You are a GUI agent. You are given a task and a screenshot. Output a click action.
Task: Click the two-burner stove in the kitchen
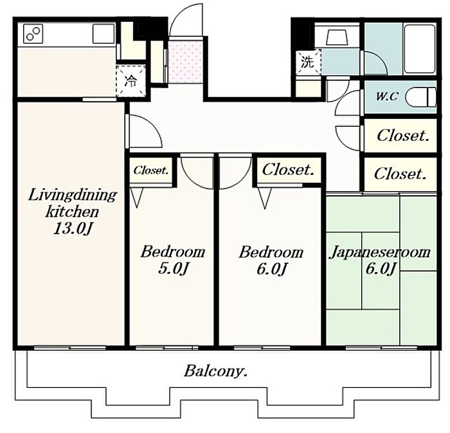coord(33,33)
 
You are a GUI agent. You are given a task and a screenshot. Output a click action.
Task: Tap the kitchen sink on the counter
coord(104,33)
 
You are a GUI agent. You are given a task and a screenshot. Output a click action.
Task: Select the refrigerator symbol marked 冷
coord(131,81)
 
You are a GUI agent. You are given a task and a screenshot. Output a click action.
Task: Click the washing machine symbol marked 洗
coord(308,62)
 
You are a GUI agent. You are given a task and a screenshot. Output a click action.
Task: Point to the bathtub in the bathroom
coord(420,48)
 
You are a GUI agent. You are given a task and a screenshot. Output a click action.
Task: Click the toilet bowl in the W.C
coord(420,97)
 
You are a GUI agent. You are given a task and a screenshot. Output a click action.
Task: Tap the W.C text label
coord(387,97)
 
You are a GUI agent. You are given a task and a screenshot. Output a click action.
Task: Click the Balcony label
coord(216,371)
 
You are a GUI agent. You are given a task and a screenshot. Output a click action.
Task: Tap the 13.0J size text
coord(73,229)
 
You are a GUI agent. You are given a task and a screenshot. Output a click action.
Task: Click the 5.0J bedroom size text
coord(173,269)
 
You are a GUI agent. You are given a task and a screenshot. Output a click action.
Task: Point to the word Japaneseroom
coord(381,253)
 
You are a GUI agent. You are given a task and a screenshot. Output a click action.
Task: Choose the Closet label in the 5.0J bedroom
coord(151,170)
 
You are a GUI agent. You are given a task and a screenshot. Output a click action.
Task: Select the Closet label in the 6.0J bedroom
coord(288,169)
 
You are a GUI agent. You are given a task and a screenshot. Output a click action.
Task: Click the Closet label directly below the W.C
coord(403,136)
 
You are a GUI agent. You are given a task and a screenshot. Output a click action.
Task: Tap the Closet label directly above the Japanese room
coord(400,174)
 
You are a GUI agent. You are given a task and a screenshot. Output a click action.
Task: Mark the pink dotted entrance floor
coord(185,62)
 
